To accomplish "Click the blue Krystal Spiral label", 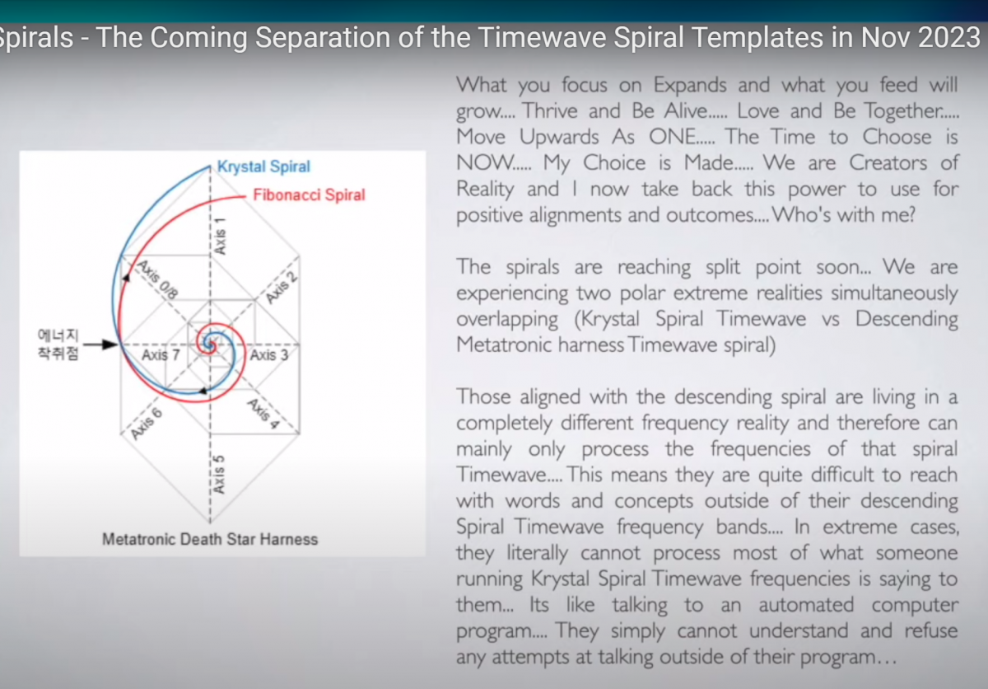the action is click(263, 166).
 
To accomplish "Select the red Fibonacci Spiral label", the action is click(310, 195).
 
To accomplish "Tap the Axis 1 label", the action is click(220, 236).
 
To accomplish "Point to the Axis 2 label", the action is click(282, 288).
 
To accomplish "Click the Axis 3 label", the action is click(269, 355).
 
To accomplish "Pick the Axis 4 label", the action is click(263, 414).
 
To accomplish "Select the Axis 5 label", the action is click(219, 475).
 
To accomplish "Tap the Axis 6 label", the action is click(147, 424).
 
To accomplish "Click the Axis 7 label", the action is click(161, 355).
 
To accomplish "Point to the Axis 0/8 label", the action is click(157, 279).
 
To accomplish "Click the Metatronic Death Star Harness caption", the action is click(210, 539).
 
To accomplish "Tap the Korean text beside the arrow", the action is click(58, 344).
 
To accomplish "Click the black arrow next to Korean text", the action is click(100, 344).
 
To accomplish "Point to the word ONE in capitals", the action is click(682, 137).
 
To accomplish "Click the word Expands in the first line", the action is click(690, 86).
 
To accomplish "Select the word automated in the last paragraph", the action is click(806, 605).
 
